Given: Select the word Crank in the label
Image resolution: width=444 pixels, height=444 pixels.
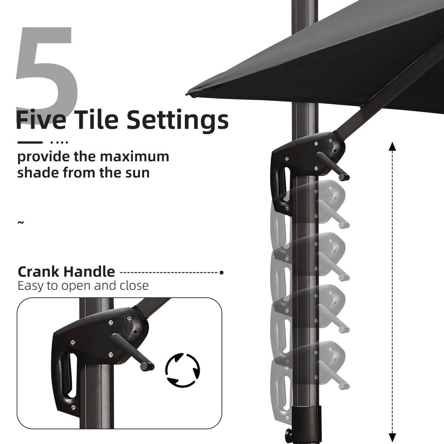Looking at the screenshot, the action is pyautogui.click(x=38, y=272).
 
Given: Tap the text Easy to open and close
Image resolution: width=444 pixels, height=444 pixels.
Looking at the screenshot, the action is pyautogui.click(x=83, y=286).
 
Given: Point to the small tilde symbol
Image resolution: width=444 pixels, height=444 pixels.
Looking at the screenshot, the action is pyautogui.click(x=20, y=223).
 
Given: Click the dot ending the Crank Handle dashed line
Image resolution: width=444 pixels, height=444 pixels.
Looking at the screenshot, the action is pyautogui.click(x=221, y=273).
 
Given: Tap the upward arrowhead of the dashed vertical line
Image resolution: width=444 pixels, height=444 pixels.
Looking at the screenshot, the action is pyautogui.click(x=392, y=147).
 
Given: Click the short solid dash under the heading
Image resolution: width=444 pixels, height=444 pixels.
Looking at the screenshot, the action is pyautogui.click(x=30, y=142).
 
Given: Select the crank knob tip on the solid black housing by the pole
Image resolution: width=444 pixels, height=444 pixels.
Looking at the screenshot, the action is pyautogui.click(x=344, y=177).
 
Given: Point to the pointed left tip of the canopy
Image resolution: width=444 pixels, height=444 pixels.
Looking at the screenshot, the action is pyautogui.click(x=187, y=94).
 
